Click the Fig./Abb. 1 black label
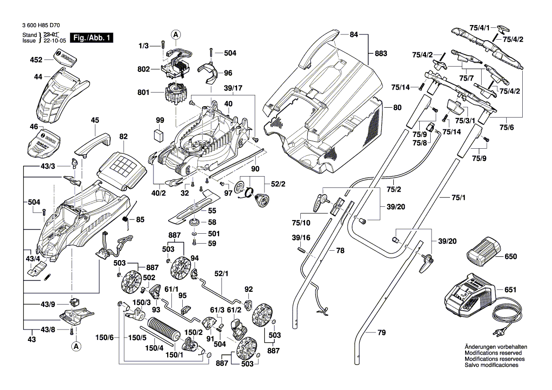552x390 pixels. click(91, 38)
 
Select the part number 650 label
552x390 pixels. click(510, 257)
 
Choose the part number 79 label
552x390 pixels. click(382, 333)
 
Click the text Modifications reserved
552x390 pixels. click(493, 353)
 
